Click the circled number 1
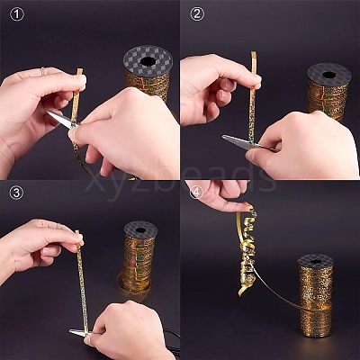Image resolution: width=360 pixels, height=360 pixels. (x=17, y=14)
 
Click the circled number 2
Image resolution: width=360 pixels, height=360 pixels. (x=197, y=14)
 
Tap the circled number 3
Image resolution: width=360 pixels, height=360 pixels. (x=16, y=193)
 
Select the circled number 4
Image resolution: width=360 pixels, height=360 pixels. (x=196, y=193)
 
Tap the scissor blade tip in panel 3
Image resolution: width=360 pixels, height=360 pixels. (x=70, y=331)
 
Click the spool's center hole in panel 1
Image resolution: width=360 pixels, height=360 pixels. (x=148, y=61)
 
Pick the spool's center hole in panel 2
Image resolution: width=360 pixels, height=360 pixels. (x=329, y=75)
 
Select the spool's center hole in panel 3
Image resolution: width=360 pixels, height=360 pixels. (x=140, y=230)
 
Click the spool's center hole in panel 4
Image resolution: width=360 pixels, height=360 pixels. (x=316, y=262)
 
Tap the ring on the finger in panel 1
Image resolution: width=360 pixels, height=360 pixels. (x=42, y=71)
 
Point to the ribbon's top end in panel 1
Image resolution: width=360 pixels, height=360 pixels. (x=80, y=69)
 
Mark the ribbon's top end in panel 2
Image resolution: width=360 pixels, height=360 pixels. (x=254, y=52)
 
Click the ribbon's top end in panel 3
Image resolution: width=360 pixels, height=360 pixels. (x=77, y=231)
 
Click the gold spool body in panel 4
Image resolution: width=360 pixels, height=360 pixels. (x=316, y=297)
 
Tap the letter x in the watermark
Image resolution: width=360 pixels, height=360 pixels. (x=93, y=183)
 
